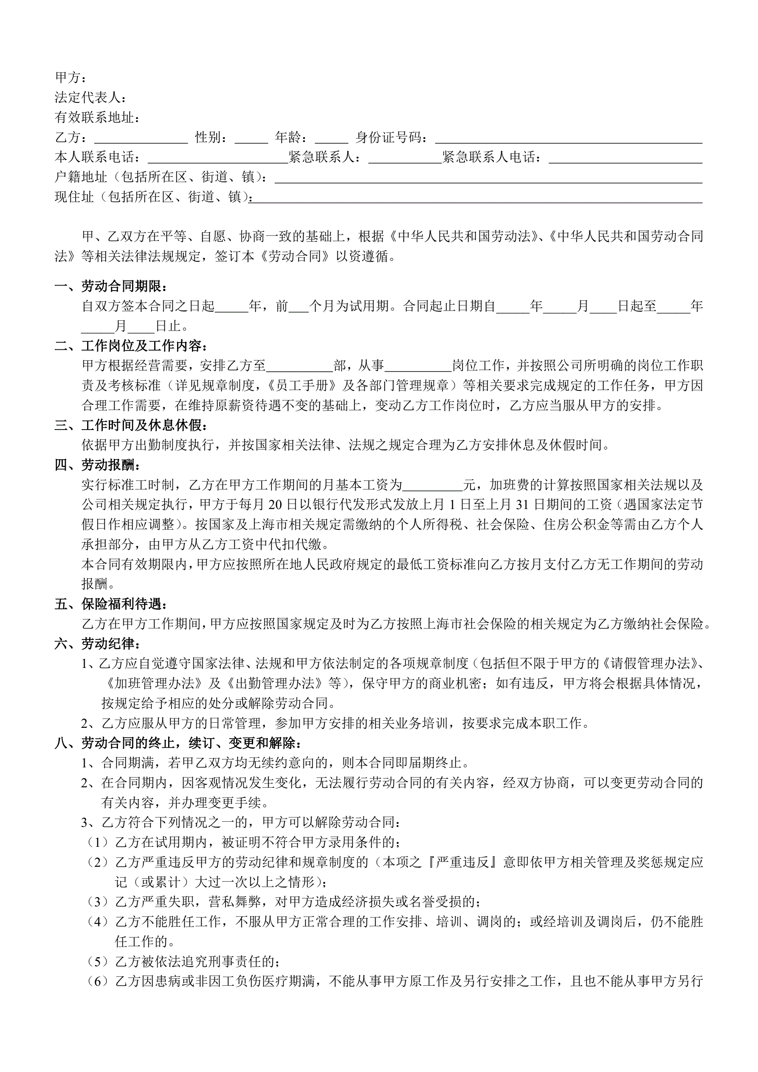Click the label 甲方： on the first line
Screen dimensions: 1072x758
[x=70, y=77]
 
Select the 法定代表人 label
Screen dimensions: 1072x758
[x=90, y=97]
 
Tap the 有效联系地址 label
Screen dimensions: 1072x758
[x=97, y=117]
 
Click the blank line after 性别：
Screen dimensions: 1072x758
[x=251, y=138]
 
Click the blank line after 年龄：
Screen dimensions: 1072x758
[x=331, y=138]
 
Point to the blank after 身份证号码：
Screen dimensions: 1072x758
[x=568, y=138]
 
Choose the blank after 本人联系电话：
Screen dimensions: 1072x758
[x=218, y=158]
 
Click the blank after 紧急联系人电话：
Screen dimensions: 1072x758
[x=626, y=158]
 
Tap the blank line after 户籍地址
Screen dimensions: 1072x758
[x=488, y=178]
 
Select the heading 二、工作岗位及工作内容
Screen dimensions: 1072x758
[x=131, y=346]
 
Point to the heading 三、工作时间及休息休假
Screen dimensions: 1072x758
[x=131, y=425]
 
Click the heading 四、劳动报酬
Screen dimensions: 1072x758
[x=97, y=465]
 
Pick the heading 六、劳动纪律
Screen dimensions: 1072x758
[x=97, y=644]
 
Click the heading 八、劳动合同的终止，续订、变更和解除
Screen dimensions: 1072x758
[x=178, y=743]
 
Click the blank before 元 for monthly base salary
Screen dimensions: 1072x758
[x=432, y=486]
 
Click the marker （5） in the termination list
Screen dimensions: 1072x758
[x=98, y=962]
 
